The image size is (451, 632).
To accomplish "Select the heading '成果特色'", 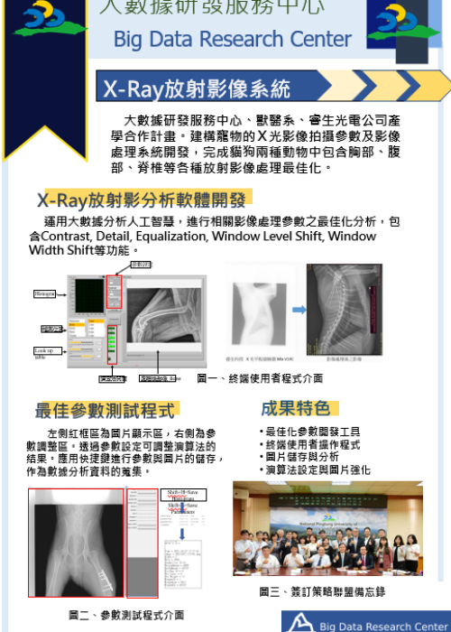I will coord(295,408).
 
